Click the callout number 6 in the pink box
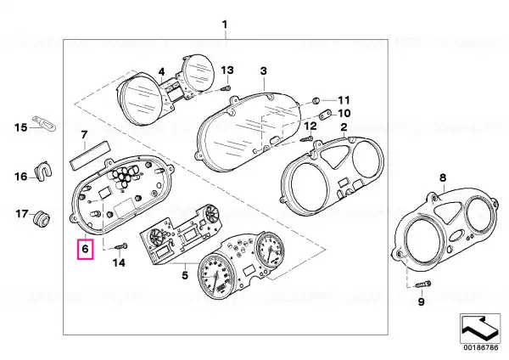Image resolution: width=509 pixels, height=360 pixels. point(85,250)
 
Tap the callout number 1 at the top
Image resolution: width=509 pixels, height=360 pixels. point(225,25)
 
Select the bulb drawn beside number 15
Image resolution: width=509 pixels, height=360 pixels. point(44,123)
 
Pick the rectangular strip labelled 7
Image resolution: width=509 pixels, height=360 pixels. point(90,155)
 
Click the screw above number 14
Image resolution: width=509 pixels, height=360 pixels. point(122,247)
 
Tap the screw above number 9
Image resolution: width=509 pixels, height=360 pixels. point(423,284)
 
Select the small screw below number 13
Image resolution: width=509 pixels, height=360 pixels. point(226,88)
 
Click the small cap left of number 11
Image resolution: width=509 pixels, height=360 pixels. point(316,101)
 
